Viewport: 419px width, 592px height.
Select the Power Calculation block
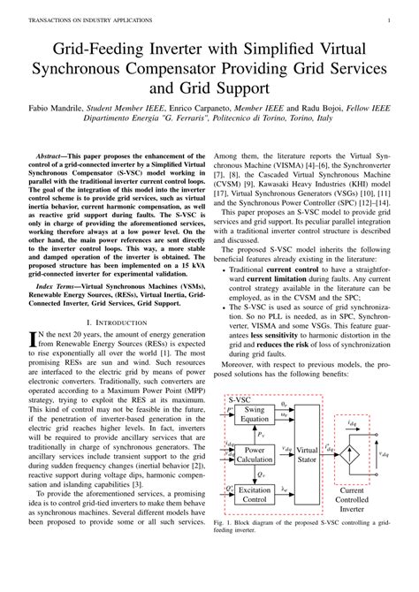point(254,455)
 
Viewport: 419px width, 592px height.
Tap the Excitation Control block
point(254,493)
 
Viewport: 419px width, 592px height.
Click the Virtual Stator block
point(307,455)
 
